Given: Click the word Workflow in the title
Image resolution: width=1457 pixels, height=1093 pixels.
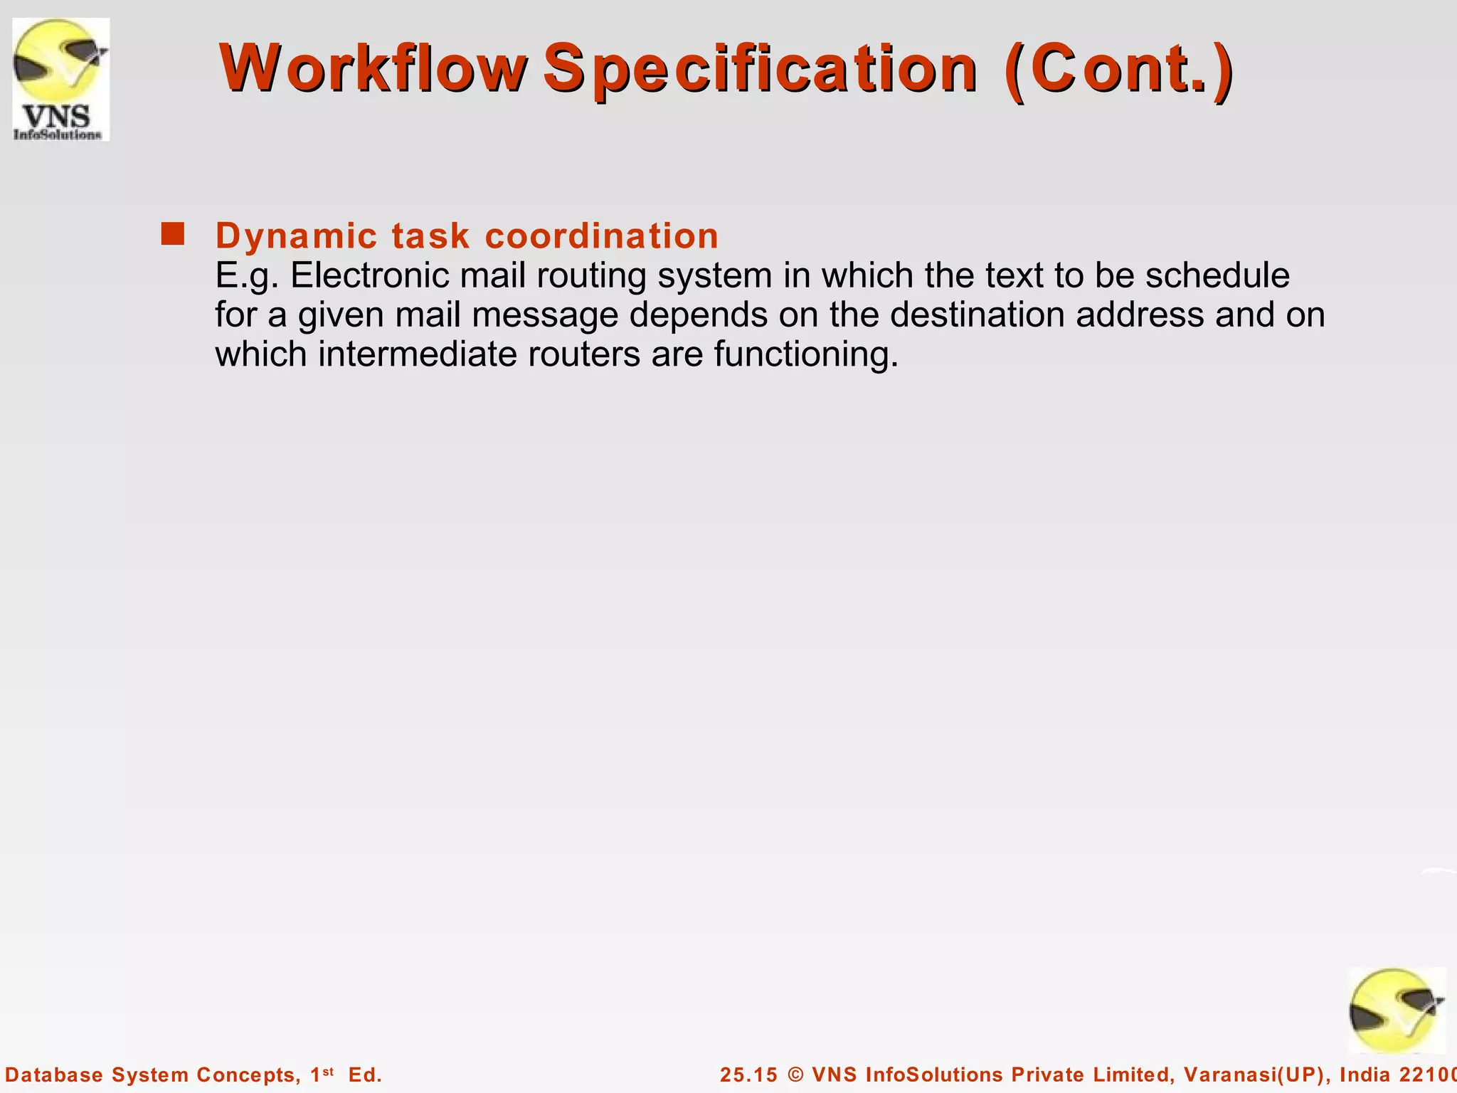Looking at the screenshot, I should [x=373, y=68].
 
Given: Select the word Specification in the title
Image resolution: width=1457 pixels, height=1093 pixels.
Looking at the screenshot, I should [x=760, y=70].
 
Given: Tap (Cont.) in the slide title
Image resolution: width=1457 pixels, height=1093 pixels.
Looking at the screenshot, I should [x=1118, y=70].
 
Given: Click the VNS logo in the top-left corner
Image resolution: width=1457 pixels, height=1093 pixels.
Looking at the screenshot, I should [x=60, y=79].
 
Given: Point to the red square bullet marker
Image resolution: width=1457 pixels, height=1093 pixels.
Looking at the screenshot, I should [x=172, y=234].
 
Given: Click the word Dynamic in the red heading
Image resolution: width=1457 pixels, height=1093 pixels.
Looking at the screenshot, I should [x=296, y=236].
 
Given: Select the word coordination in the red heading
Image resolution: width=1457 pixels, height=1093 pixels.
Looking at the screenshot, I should [x=602, y=236].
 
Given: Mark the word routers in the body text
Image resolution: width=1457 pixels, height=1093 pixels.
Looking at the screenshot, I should [x=583, y=354].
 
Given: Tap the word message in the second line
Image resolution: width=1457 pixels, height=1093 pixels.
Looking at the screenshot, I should [x=545, y=315].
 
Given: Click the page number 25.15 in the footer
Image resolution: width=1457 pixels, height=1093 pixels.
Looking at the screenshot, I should [x=748, y=1074].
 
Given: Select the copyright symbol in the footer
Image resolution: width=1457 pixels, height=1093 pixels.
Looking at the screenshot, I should [x=796, y=1074].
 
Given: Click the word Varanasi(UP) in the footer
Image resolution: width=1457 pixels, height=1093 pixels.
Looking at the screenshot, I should [x=1256, y=1074].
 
